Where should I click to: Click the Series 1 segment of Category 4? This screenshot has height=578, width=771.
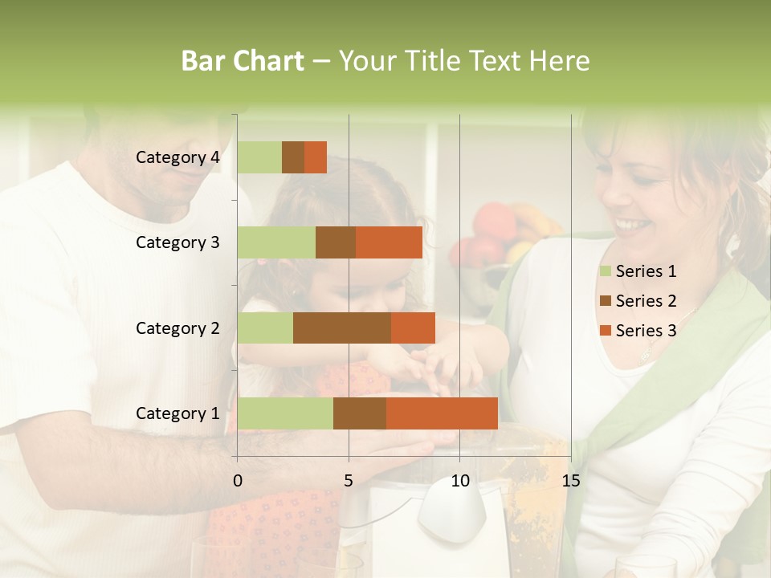[x=259, y=157]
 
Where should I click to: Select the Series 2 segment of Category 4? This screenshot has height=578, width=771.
[x=293, y=157]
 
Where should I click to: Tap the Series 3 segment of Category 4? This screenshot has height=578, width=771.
[x=316, y=157]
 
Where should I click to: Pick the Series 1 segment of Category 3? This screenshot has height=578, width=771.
[x=276, y=242]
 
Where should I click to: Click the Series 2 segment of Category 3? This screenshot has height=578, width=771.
[x=336, y=242]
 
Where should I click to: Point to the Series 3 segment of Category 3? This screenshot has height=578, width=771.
[x=389, y=242]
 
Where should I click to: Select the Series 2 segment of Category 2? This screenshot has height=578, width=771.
[x=342, y=328]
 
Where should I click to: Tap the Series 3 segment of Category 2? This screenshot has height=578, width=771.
[x=413, y=328]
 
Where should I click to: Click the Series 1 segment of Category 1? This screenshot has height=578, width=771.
[x=285, y=413]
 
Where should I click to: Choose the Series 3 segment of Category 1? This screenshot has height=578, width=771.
[x=442, y=413]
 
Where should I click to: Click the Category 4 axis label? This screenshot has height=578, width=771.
[x=177, y=157]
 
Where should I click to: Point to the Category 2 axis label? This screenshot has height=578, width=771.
[x=177, y=328]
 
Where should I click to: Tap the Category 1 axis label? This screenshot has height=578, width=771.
[x=177, y=413]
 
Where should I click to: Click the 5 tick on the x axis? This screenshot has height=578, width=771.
[x=349, y=481]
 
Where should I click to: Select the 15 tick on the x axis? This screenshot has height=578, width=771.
[x=570, y=481]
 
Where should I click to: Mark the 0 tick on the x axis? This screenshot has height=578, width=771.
[x=238, y=481]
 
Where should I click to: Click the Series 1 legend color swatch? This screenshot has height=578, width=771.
[x=606, y=271]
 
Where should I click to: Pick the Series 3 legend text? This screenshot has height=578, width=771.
[x=647, y=331]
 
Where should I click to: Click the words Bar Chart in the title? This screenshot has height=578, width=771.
[x=243, y=61]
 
